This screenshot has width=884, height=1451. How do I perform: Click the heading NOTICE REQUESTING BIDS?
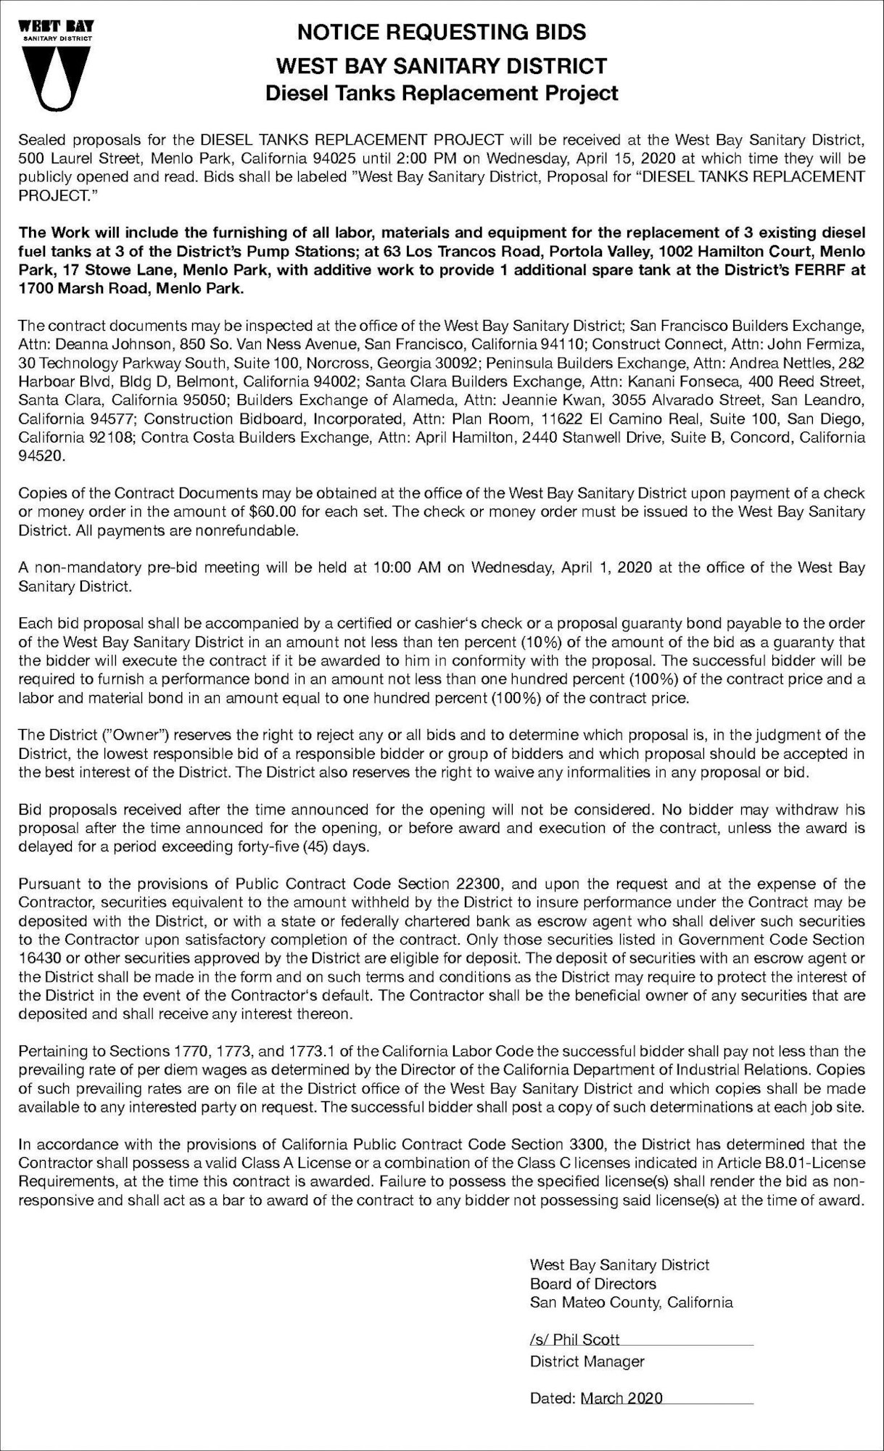(442, 33)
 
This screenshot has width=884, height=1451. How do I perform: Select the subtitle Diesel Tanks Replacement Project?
(442, 93)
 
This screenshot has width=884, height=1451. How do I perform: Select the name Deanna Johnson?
(99, 342)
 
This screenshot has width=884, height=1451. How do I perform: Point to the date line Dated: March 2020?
(596, 1398)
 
